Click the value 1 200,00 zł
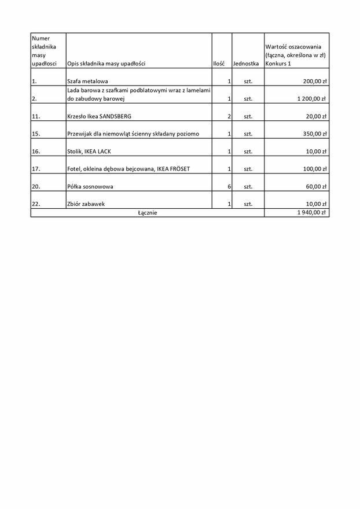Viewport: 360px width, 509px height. [312, 99]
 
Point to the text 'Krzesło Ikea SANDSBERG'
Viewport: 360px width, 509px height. [99, 116]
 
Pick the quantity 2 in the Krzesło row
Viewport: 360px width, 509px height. [229, 116]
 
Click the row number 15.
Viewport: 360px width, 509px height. [36, 134]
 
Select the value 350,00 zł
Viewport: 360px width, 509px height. [314, 134]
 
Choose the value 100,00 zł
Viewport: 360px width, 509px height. [314, 169]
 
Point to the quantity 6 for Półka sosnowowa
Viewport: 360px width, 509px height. [229, 186]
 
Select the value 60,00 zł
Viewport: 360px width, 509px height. [316, 186]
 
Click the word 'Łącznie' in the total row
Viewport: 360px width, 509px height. [147, 213]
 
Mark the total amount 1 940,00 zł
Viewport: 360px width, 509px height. [312, 213]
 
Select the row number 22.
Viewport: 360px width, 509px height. [36, 204]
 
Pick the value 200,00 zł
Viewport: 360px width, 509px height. [314, 82]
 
